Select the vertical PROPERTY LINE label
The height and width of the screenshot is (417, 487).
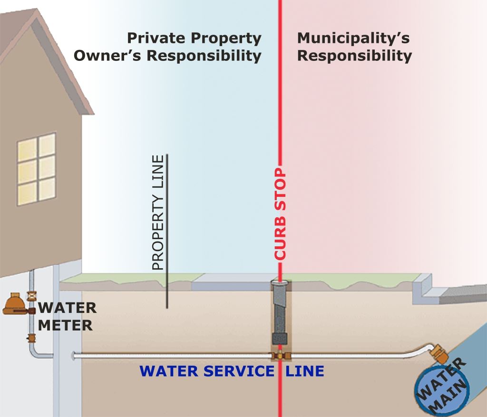point(158,213)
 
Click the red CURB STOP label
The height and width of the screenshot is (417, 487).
point(280,214)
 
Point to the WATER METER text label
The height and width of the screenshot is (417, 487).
point(67,316)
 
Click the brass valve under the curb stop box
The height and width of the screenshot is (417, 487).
point(280,356)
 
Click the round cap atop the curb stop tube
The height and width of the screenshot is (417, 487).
point(280,284)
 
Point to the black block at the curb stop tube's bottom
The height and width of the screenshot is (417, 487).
point(280,339)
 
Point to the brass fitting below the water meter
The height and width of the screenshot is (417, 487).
point(32,338)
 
